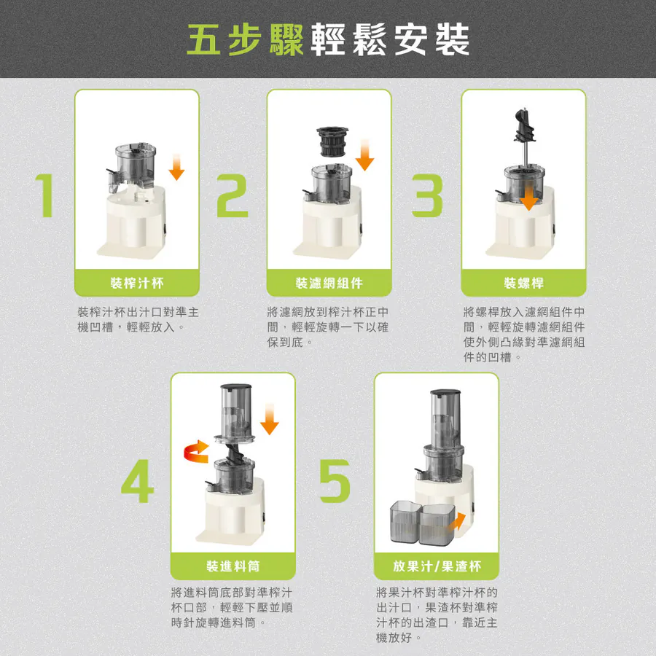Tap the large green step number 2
point(233,195)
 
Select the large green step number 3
point(427,195)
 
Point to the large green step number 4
point(137,481)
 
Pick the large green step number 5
point(335,481)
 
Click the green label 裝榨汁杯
point(137,284)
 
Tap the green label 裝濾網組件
point(329,284)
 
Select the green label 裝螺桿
point(524,284)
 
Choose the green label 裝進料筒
point(233,566)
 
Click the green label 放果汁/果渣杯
point(437,566)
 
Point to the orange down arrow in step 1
point(176,167)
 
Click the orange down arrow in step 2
point(365,155)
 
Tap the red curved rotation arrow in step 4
point(197,452)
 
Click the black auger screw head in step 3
point(524,125)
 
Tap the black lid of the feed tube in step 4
point(236,387)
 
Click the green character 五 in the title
point(204,39)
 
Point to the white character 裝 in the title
point(452,39)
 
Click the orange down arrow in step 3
point(529,198)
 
